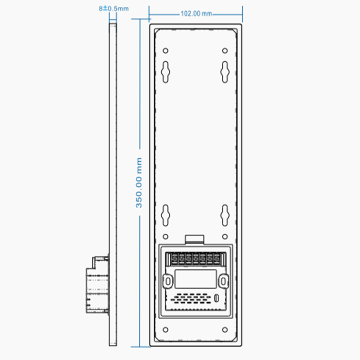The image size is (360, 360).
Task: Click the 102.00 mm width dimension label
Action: click(196, 14)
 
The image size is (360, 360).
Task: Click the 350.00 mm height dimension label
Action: click(139, 182)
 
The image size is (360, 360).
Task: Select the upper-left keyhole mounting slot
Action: click(166, 71)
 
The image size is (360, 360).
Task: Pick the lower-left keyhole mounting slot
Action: click(166, 215)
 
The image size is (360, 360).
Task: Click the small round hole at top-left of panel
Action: click(166, 50)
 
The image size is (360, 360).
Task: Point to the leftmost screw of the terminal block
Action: click(175, 259)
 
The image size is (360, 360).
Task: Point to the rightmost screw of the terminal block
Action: click(216, 259)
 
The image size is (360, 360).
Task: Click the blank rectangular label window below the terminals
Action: click(195, 278)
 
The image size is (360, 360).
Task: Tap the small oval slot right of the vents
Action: click(216, 298)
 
